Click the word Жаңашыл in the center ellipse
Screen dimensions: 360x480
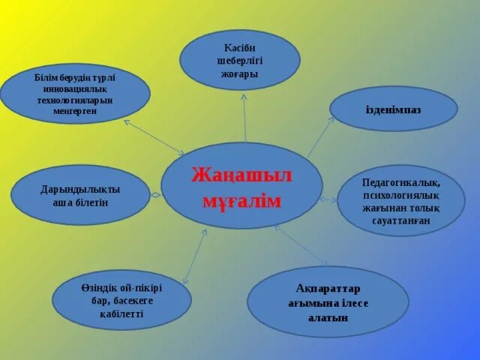click(241, 175)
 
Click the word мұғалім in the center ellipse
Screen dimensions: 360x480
click(241, 200)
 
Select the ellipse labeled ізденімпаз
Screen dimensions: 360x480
click(393, 109)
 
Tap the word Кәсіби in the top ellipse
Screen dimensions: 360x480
click(240, 47)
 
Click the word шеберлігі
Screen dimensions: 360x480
click(240, 61)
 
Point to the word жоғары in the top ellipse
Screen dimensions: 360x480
click(240, 74)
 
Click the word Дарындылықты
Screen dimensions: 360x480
click(80, 189)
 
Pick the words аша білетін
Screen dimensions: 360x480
click(80, 202)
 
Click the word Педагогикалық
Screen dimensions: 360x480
click(400, 182)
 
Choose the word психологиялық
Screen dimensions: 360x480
click(400, 195)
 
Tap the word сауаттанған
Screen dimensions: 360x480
click(400, 221)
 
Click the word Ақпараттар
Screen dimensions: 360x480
click(328, 289)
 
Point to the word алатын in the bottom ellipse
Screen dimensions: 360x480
click(328, 317)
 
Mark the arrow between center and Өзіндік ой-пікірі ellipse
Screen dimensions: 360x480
click(194, 256)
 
